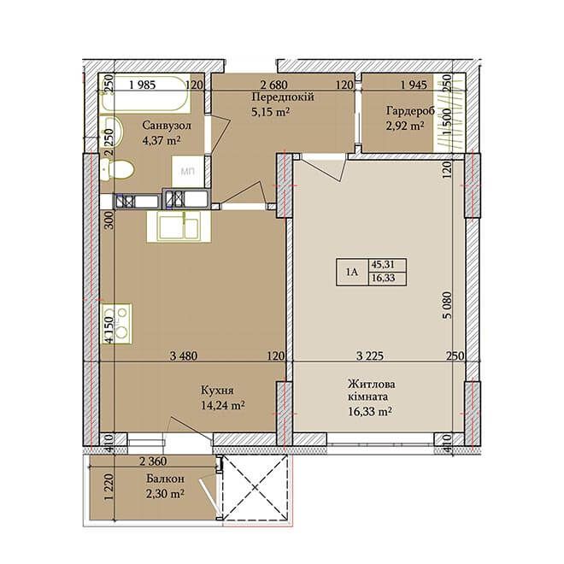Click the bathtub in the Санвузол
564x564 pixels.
point(145,94)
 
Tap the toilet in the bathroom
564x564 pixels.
point(117,170)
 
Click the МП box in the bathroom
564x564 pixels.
point(188,172)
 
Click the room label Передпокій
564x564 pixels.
point(283,97)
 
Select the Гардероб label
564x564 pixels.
point(411,110)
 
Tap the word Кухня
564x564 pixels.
point(217,391)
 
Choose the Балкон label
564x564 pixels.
point(166,479)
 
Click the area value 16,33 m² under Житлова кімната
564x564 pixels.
point(370,411)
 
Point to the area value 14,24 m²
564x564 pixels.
point(223,405)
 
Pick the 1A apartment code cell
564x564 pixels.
point(352,273)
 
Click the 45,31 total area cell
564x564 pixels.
point(383,265)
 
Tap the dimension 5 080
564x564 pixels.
point(448,305)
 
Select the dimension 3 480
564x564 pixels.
point(184,355)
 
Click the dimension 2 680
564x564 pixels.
point(274,85)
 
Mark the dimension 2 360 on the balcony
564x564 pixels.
point(153,461)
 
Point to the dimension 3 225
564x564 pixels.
point(370,355)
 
